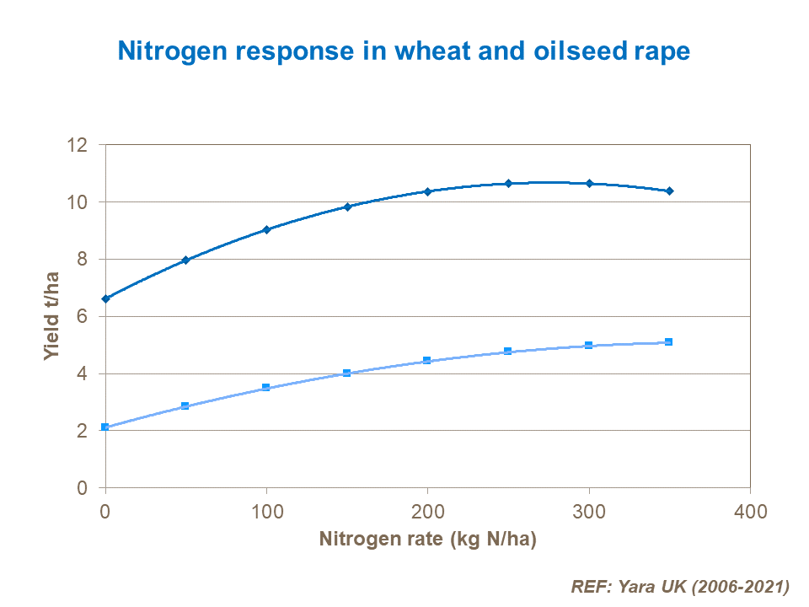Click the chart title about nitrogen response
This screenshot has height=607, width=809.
tap(404, 51)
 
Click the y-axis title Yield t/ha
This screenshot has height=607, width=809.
tap(52, 316)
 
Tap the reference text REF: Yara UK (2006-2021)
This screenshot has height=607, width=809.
tap(680, 585)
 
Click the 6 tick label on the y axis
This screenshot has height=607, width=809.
tap(83, 316)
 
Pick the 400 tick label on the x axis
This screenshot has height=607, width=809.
tap(750, 511)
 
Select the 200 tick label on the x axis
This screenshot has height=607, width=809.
tap(427, 511)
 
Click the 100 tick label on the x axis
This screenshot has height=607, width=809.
tap(266, 511)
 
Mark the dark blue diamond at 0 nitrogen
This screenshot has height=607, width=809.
tap(105, 298)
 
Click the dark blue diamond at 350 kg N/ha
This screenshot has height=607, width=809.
tap(669, 191)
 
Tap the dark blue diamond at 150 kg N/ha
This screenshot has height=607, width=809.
tap(347, 207)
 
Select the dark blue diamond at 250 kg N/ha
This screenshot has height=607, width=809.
tap(508, 183)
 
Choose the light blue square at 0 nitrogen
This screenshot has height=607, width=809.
tap(105, 427)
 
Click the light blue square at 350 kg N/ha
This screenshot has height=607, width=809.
tap(669, 341)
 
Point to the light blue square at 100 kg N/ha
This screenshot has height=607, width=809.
tap(266, 388)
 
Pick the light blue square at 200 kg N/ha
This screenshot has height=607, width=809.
tap(427, 361)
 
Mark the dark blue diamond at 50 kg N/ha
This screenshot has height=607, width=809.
tap(186, 260)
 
